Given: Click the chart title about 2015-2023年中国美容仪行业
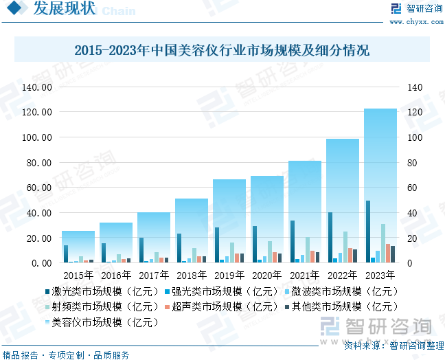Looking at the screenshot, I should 222,50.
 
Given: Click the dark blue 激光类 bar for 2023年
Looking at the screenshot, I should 368,232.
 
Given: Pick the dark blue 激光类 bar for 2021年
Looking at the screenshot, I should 293,241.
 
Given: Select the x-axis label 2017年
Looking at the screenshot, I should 154,275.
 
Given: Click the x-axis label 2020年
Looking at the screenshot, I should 267,275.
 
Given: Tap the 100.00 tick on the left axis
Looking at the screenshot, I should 37,137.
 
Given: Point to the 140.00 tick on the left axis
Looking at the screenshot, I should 37,87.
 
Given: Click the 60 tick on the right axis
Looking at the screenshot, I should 412,188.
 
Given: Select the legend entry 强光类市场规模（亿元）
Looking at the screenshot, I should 209,291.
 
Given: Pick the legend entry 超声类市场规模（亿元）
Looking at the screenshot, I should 209,306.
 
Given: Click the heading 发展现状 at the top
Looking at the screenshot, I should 64,10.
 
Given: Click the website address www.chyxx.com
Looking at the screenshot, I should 418,21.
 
